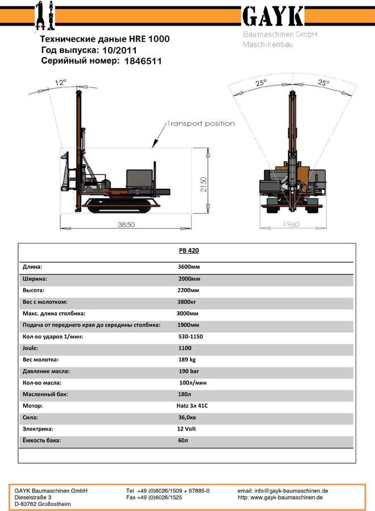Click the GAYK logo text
click(x=273, y=16)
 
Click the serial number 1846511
click(x=143, y=61)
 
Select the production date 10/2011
click(x=119, y=50)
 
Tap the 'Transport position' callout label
click(x=201, y=124)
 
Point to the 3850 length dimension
click(x=126, y=224)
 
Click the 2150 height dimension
click(x=203, y=185)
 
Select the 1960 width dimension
click(x=291, y=224)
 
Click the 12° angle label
click(x=60, y=82)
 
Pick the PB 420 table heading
click(x=189, y=250)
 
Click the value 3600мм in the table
click(x=189, y=267)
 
